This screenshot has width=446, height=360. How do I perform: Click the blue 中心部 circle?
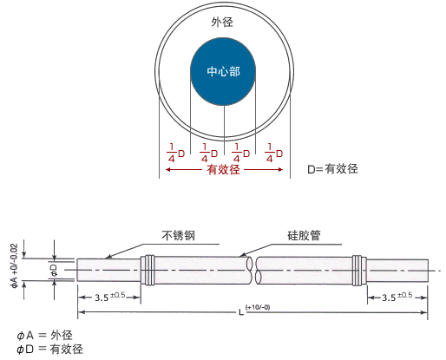click(x=223, y=71)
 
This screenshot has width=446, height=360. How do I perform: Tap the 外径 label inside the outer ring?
click(x=222, y=22)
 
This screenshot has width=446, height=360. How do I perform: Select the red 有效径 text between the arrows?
click(x=223, y=169)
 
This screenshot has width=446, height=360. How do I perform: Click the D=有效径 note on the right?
click(x=332, y=169)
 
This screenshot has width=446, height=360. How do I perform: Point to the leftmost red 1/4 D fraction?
click(x=175, y=153)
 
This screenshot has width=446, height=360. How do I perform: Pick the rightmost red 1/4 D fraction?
click(x=273, y=153)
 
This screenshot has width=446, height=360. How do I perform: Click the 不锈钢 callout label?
click(x=178, y=235)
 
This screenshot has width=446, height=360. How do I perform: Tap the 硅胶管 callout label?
click(x=304, y=235)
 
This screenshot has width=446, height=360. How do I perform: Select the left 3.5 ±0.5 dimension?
click(x=110, y=297)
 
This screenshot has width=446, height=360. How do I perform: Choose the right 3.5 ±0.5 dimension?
click(x=397, y=297)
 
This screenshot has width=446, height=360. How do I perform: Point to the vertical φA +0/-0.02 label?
click(x=14, y=266)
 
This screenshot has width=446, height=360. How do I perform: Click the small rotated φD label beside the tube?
click(x=54, y=270)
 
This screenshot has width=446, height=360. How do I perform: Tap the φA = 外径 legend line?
click(x=44, y=336)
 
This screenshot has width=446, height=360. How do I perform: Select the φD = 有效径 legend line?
click(x=49, y=349)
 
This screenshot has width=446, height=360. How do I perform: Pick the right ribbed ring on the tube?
click(x=359, y=270)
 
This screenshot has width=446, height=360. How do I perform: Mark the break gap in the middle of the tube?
click(x=253, y=271)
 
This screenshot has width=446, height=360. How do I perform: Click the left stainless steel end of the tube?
click(x=108, y=270)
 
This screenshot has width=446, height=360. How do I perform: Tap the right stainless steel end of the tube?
click(x=397, y=271)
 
